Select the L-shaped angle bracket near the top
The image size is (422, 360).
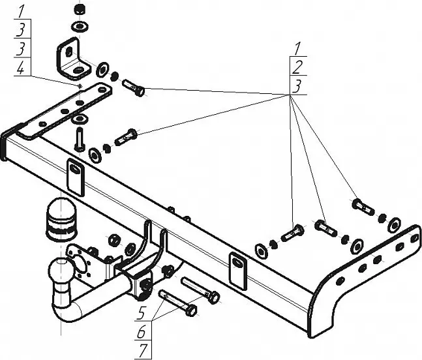point(71,58)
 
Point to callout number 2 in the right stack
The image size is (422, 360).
point(297,67)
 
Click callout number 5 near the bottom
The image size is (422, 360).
point(142,312)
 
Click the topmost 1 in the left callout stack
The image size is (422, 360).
point(21,11)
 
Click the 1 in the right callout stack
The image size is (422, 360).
point(297,48)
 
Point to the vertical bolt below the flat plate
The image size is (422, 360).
point(79,139)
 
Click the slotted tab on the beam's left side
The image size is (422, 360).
point(75,176)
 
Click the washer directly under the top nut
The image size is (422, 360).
point(80,27)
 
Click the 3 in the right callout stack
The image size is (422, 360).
point(297,85)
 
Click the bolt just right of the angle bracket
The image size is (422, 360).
point(133,87)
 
